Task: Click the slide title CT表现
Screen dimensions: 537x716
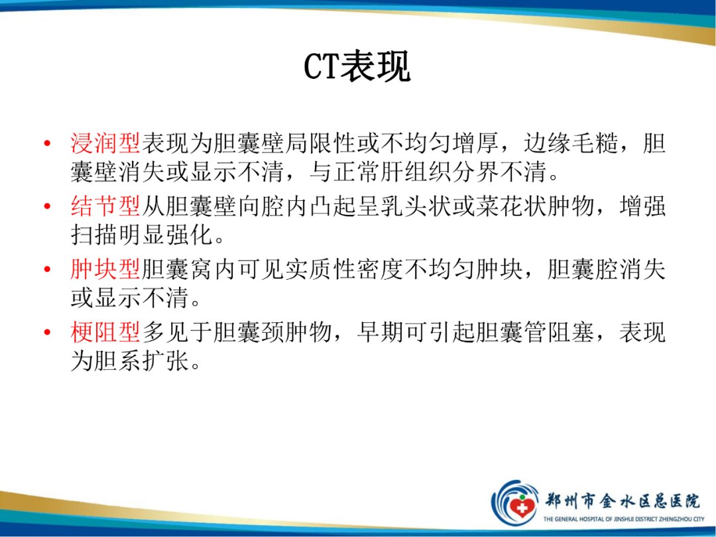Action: click(x=357, y=66)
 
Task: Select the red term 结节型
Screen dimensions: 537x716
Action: click(x=105, y=207)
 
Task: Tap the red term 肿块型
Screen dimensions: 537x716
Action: click(x=105, y=270)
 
